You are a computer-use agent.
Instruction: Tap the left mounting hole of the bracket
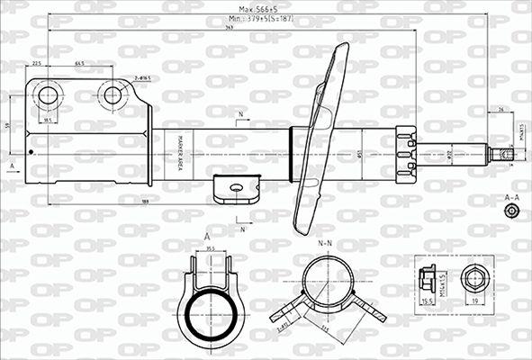point(48,95)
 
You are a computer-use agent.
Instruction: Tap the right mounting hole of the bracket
point(113,95)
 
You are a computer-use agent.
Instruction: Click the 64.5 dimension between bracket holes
point(79,64)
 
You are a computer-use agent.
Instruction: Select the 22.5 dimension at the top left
point(36,64)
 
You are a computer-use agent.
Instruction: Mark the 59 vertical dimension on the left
point(7,125)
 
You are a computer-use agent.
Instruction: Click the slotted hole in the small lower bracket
point(236,187)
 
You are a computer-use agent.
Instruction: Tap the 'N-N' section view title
point(325,244)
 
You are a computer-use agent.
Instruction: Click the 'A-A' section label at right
point(511,196)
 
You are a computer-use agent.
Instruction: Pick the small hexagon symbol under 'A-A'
point(511,211)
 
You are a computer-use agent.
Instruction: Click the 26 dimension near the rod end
point(500,110)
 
